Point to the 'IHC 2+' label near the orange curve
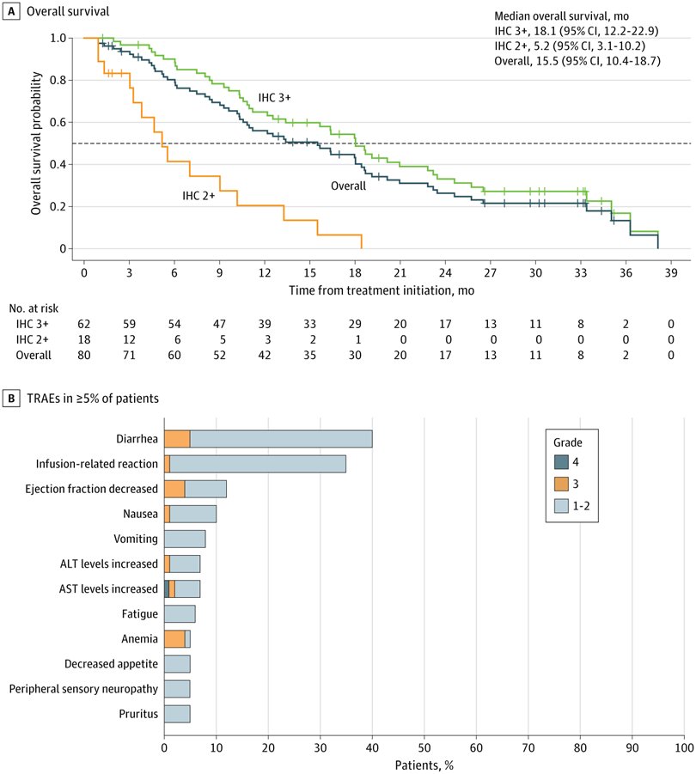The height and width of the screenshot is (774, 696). [198, 196]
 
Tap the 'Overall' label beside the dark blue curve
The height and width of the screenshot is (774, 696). [349, 185]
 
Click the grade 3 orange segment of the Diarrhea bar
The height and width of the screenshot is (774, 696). [177, 438]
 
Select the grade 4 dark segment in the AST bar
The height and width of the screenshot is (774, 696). [167, 589]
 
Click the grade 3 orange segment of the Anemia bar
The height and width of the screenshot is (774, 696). [174, 639]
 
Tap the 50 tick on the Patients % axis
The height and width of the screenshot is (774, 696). [424, 747]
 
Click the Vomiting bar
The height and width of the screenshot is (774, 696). [185, 539]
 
